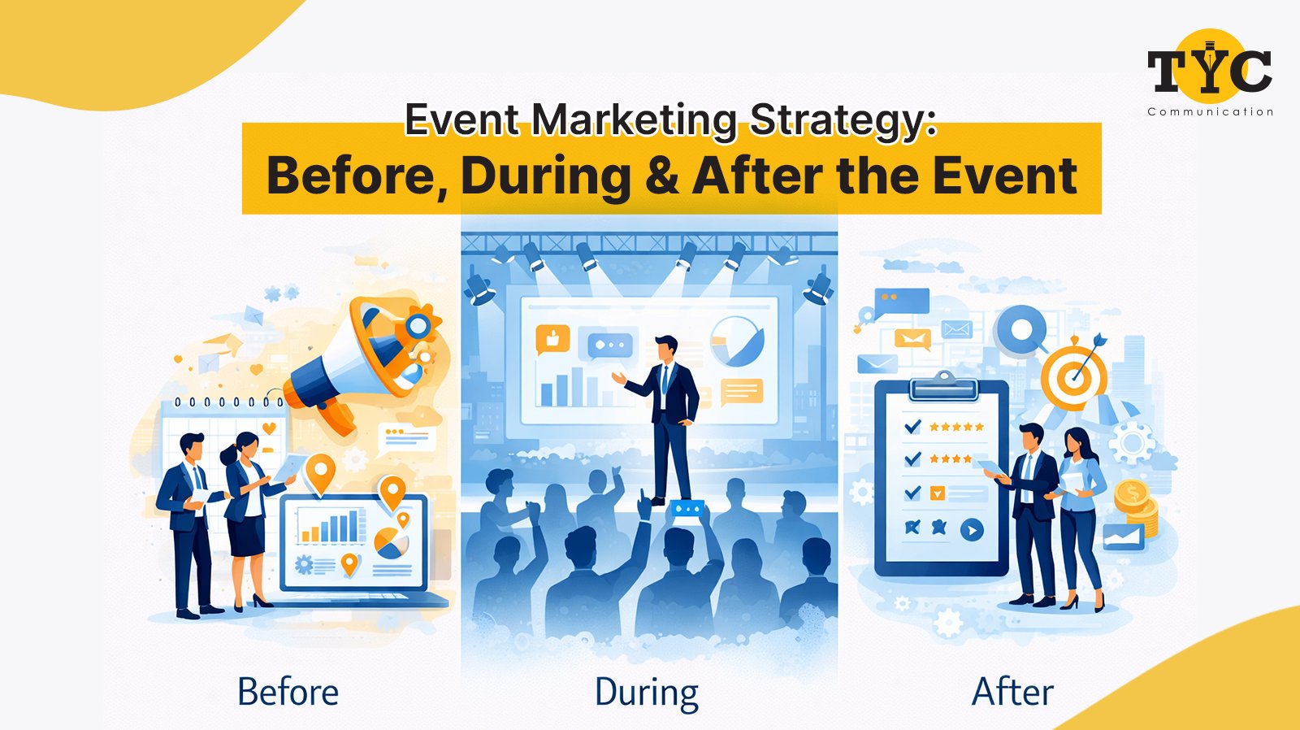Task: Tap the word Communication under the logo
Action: [x=1210, y=112]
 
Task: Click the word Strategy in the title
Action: [x=843, y=119]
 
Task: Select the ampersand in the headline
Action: [x=662, y=176]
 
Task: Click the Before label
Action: [x=288, y=693]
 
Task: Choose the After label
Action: [x=1012, y=693]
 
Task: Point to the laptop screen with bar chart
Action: [x=354, y=541]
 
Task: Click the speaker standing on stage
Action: [x=669, y=415]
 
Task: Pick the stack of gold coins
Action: [x=1135, y=506]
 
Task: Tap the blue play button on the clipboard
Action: [x=972, y=531]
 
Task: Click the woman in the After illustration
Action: [x=1079, y=516]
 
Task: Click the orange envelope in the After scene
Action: [x=912, y=338]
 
